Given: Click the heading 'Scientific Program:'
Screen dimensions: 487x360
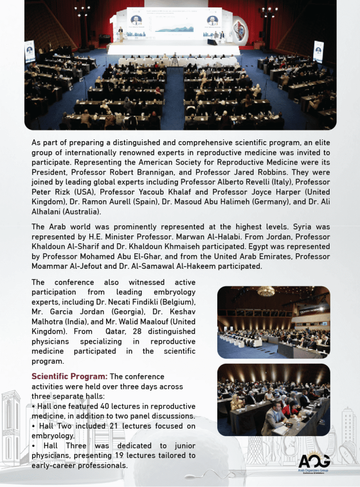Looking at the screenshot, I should (69, 377).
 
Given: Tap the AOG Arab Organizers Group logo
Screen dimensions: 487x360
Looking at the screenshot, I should (313, 463).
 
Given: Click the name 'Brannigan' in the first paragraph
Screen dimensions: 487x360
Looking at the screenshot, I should (152, 172).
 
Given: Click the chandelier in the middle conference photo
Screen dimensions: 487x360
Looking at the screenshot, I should (265, 291).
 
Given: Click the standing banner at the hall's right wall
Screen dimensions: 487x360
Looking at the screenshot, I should (318, 51).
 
